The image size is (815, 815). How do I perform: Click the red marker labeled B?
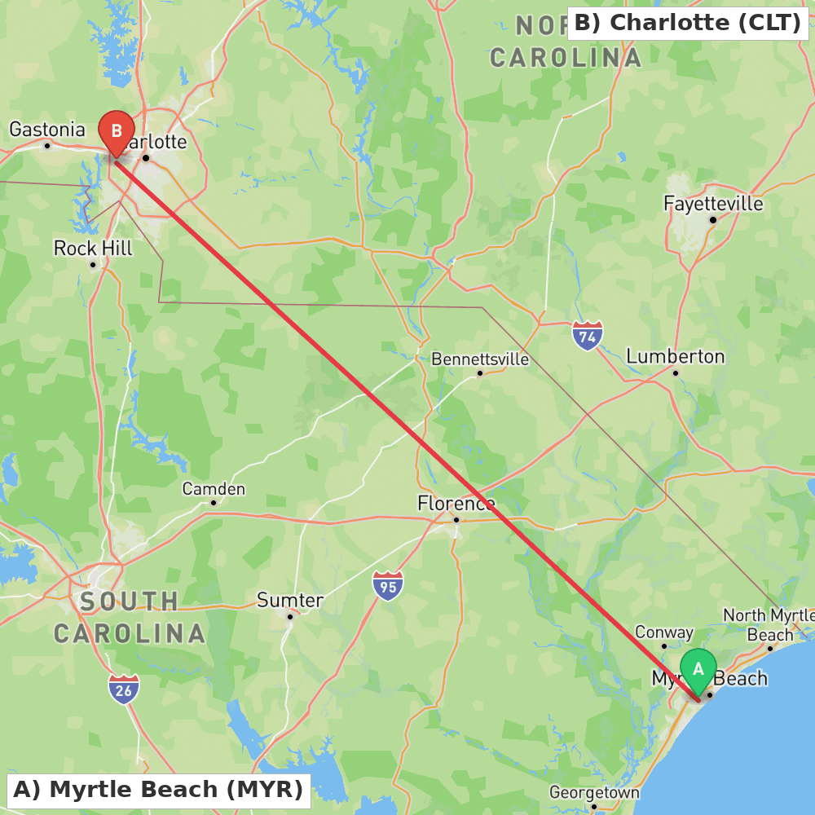117,131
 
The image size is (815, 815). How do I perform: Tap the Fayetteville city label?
713,203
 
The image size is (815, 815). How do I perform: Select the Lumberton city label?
675,356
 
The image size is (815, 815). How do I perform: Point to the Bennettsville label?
480,359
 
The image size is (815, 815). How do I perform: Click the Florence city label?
456,504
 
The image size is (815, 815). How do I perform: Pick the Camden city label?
214,489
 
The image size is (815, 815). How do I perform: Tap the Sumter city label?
290,601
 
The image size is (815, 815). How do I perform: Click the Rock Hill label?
93,248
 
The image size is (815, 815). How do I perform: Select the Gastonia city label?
46,130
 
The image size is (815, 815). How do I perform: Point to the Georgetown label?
594,792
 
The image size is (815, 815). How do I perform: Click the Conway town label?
664,632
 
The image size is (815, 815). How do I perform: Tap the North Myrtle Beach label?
769,625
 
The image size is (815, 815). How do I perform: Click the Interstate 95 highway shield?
388,586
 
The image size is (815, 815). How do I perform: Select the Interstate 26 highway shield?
124,689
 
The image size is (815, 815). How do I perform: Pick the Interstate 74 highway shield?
587,335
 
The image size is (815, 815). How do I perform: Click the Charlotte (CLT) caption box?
687,23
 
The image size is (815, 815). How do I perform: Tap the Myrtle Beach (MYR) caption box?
158,790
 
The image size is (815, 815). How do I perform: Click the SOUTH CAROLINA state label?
130,618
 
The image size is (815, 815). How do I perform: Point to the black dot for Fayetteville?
712,220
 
